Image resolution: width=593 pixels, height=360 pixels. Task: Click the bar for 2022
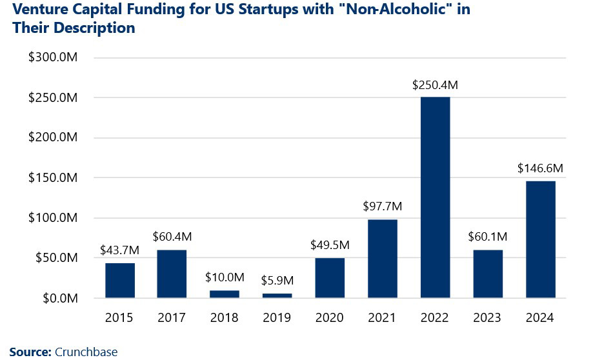coord(435,197)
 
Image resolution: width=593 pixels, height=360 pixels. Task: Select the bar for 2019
coord(277,295)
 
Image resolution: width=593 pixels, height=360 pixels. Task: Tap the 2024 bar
coord(540,239)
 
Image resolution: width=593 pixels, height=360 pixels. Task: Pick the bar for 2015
coord(120,281)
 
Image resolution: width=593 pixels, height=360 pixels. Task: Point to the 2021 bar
coord(383,259)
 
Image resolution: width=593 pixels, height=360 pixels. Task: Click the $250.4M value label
coord(435,85)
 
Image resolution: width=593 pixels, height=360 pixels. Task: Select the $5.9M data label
coord(277,281)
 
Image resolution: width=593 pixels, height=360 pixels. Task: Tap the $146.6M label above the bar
coord(540,168)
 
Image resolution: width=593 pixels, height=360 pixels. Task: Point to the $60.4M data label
coord(173,237)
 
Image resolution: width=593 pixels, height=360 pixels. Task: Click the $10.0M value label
coord(225,277)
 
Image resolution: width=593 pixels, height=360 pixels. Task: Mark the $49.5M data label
coord(330,245)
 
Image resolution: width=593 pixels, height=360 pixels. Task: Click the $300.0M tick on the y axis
coord(54,58)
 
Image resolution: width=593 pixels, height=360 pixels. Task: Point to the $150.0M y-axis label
coord(54,178)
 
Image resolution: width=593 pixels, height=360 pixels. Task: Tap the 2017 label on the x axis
coord(173,317)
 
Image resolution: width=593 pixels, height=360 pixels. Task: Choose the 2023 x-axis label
coord(488,317)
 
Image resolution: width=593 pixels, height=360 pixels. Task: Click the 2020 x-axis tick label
coord(330,317)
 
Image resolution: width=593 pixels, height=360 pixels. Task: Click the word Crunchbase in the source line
coord(86,352)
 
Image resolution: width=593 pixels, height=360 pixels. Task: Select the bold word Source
coord(29,352)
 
